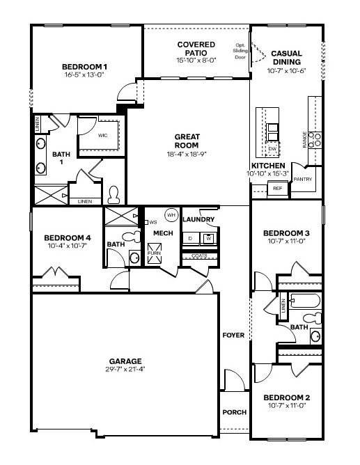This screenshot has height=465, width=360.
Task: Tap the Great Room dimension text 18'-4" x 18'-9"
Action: (x=187, y=154)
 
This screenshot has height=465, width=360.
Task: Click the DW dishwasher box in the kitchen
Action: (x=272, y=148)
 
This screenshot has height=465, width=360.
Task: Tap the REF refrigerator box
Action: (x=277, y=188)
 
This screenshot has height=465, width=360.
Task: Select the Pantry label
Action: (x=303, y=180)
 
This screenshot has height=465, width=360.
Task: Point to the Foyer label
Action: (x=233, y=336)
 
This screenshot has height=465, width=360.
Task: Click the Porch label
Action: (x=234, y=412)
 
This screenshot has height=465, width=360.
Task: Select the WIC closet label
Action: (x=102, y=136)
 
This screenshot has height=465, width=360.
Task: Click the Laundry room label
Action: (x=198, y=220)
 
